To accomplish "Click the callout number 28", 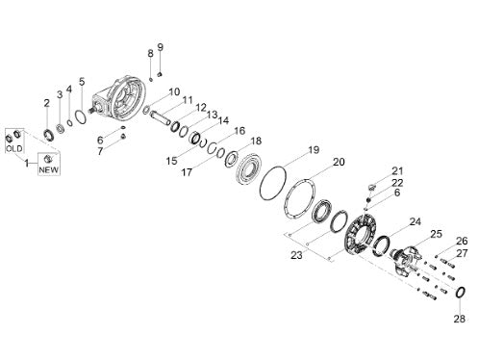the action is click(459, 319).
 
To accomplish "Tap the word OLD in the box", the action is click(14, 149).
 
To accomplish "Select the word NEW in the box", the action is click(49, 169).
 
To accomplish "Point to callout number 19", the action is click(314, 149).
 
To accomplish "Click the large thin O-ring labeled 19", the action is click(272, 183).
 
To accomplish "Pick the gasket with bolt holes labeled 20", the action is click(300, 198).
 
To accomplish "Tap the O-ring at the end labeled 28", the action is click(461, 293).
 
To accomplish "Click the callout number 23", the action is click(296, 255).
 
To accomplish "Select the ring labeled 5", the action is click(81, 116).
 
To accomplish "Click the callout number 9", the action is click(161, 47).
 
